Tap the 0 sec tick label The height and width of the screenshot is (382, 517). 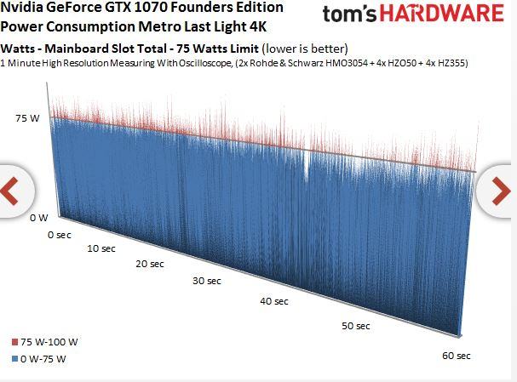[60, 233]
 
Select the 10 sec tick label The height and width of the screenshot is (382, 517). [101, 248]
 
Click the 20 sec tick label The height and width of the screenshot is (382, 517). [149, 264]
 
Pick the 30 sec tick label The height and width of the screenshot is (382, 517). [206, 281]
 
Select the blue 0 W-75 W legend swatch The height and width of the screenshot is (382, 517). [5, 359]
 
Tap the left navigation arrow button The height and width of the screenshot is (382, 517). [11, 191]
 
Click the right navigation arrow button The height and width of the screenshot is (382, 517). [503, 191]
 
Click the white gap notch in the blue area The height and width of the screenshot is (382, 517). [306, 166]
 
